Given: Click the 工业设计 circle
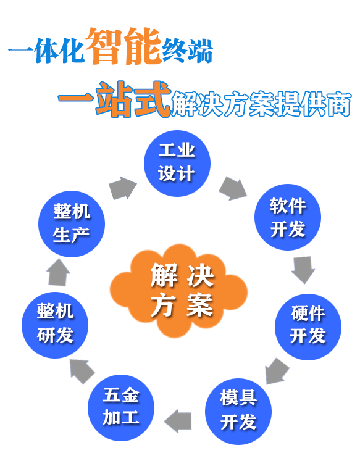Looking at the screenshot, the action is [x=177, y=163].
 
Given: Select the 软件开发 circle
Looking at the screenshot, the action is [x=287, y=217].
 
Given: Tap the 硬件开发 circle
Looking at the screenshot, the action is [x=308, y=326].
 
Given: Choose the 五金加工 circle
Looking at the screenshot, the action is [x=121, y=408].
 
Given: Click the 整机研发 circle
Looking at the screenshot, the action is [x=55, y=325].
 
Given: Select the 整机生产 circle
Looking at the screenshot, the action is [x=72, y=224].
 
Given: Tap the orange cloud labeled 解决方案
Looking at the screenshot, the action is [x=178, y=290].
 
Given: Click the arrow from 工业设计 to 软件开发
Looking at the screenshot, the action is [x=233, y=188].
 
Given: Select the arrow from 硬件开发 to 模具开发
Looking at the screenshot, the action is [x=277, y=372].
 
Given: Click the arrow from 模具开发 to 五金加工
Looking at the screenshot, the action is [x=178, y=421].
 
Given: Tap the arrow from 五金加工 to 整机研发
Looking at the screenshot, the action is [x=82, y=372].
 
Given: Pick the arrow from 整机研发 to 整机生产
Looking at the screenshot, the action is [x=58, y=272].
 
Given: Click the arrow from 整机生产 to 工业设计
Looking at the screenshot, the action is [x=123, y=188].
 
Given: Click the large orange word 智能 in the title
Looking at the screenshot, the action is [x=123, y=46].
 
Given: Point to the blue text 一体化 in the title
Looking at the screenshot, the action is [x=46, y=51].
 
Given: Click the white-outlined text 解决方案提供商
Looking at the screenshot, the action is [x=261, y=104].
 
